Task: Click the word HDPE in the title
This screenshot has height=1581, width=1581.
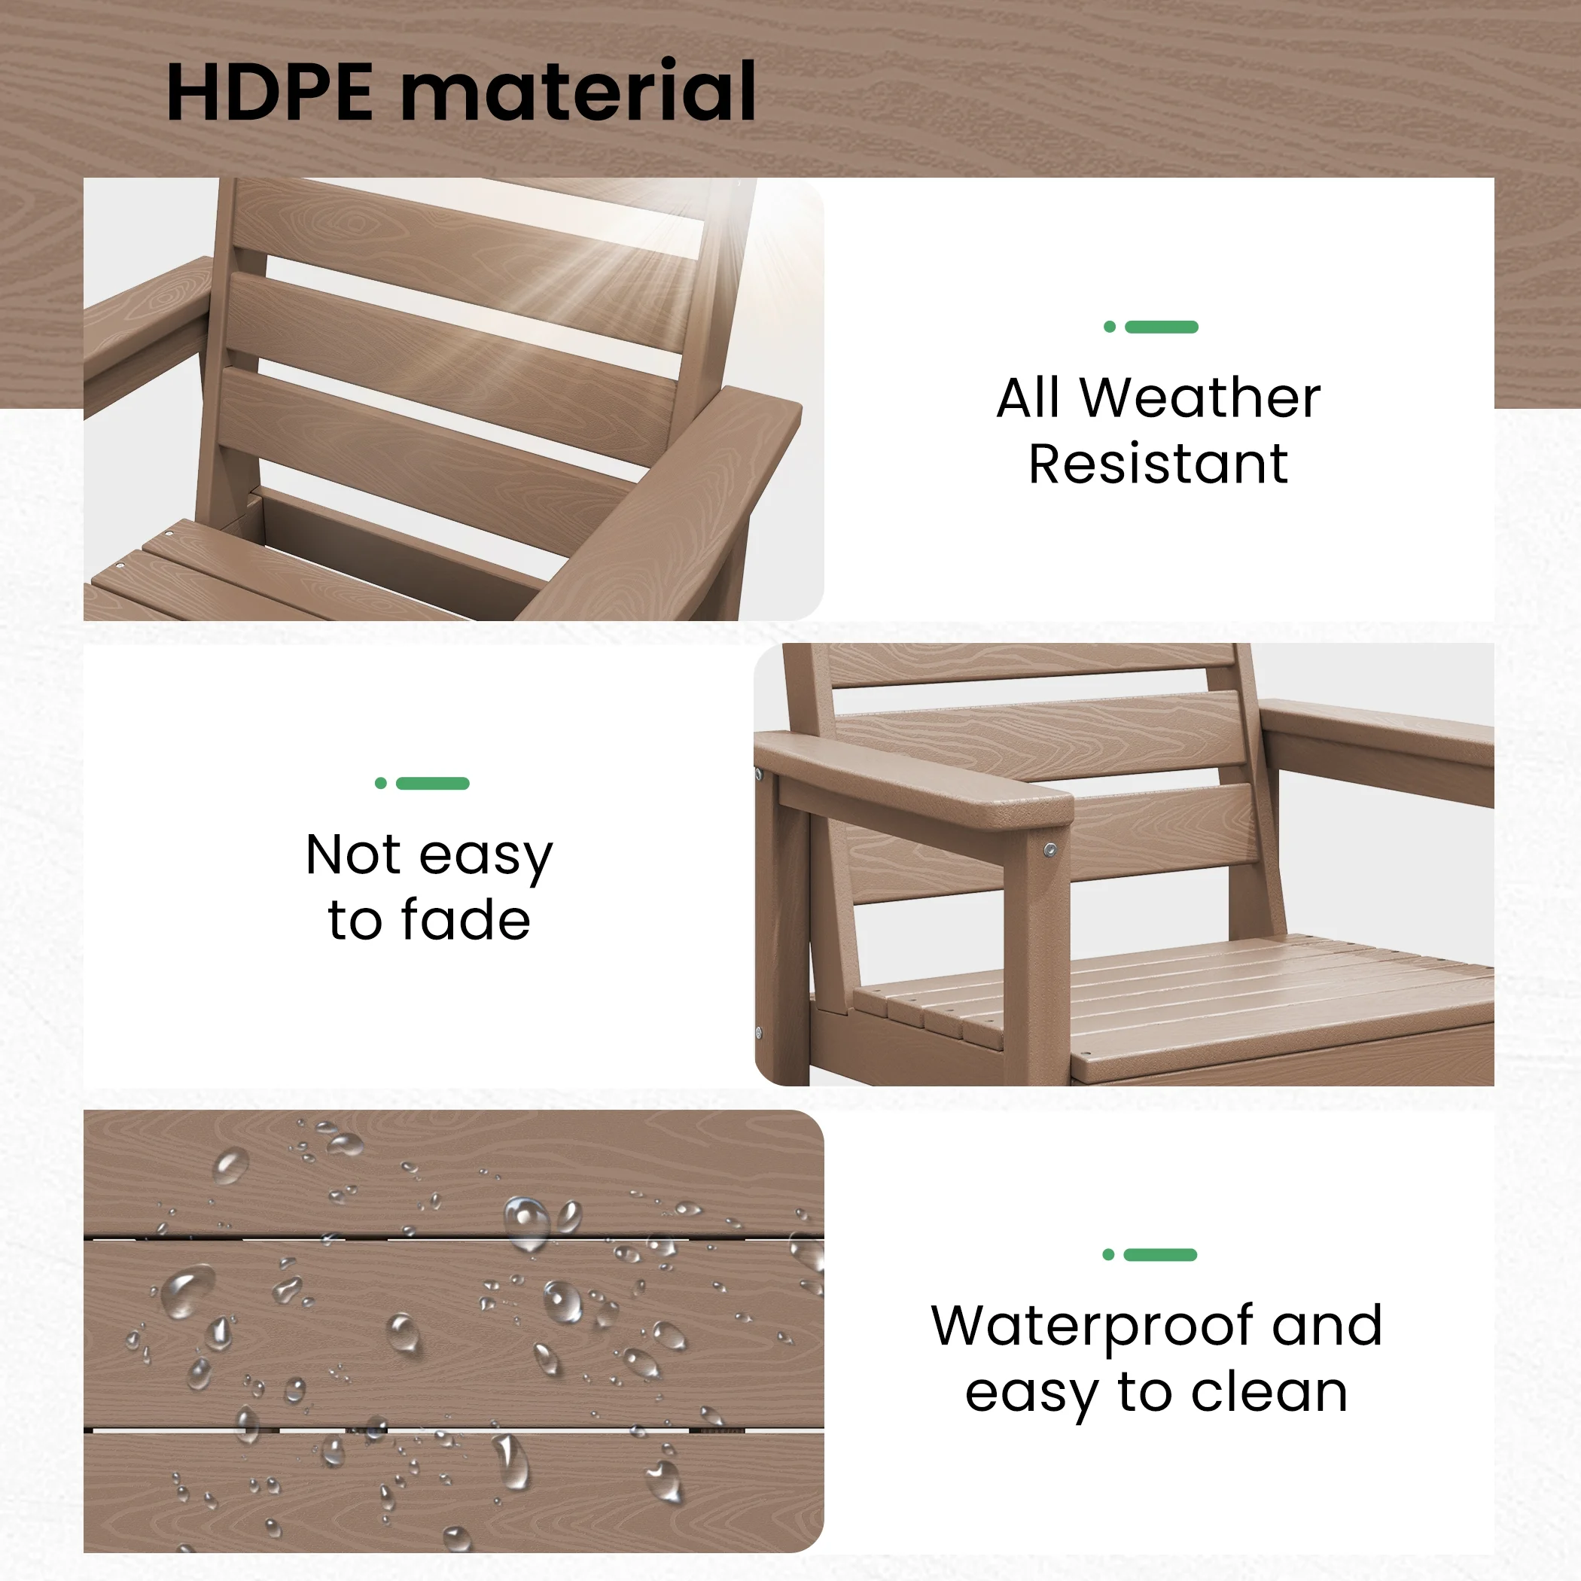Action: (270, 92)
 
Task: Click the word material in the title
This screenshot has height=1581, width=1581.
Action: (577, 92)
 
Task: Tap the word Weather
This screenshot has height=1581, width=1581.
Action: (1199, 398)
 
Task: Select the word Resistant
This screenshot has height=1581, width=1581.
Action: (1158, 465)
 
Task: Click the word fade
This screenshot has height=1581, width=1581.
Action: (465, 921)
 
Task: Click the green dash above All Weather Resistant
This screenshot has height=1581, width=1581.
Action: (1161, 327)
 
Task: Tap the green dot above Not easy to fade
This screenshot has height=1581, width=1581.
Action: (380, 783)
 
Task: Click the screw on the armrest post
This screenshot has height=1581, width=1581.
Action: (1050, 851)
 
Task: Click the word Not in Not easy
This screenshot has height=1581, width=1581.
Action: (354, 855)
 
